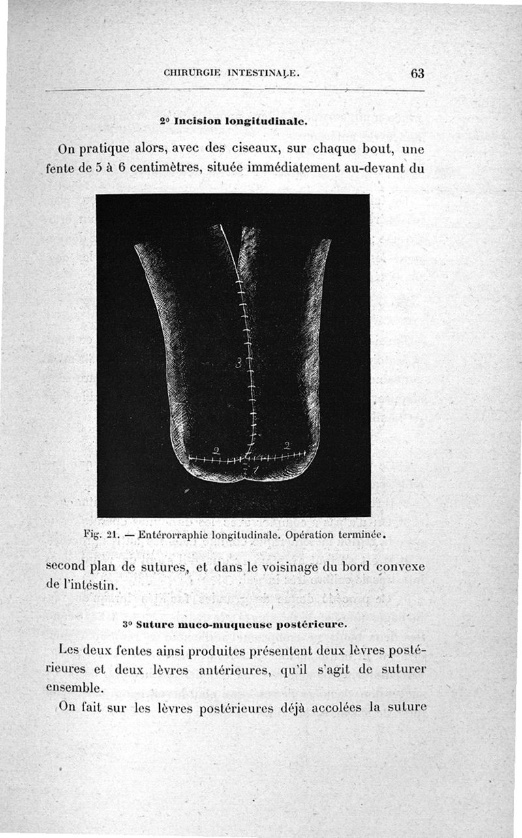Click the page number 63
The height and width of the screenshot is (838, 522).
coord(418,74)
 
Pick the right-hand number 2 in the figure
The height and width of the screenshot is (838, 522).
coord(286,446)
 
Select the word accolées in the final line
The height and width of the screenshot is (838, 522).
coord(346,707)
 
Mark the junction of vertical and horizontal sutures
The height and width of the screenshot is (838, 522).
coord(247,457)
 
